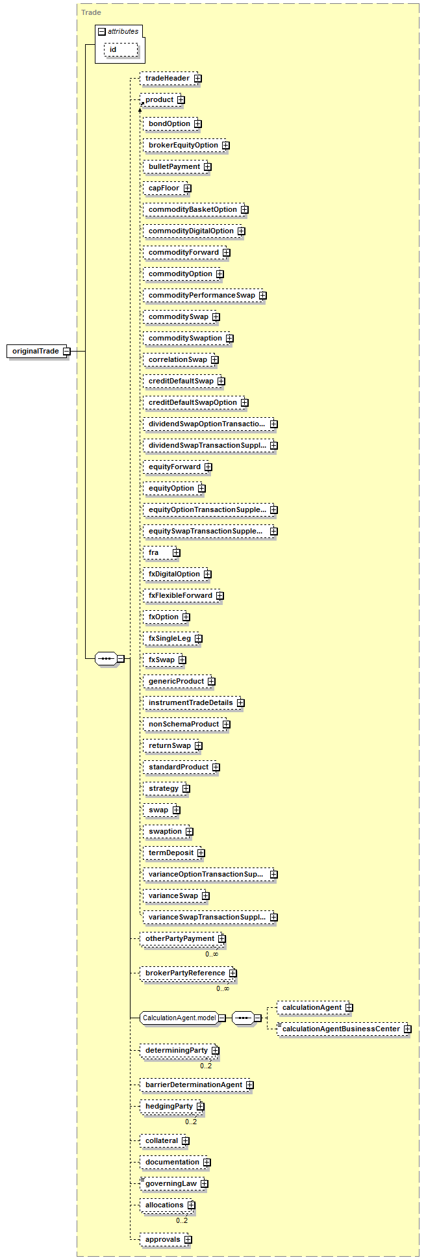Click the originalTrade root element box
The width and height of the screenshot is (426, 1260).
pos(35,352)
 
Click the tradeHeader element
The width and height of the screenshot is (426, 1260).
pos(168,79)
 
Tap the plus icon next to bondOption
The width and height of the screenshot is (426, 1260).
pos(197,124)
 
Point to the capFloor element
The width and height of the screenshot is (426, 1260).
pos(164,188)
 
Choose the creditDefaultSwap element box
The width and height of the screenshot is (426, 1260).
pos(181,381)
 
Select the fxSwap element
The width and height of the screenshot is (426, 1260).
pos(162,660)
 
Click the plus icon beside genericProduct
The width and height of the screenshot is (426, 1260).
pos(212,682)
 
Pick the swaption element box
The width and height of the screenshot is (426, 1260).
pos(165,832)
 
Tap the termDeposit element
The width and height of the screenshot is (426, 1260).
pos(171,853)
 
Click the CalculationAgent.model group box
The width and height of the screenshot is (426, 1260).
pos(179,1018)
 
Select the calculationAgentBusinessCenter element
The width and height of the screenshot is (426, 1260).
pos(341,1029)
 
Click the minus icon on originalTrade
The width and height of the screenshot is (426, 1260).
pos(66,352)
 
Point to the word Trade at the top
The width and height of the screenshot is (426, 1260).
pos(91,12)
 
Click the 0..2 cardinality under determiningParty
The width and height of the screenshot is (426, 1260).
pos(206,1066)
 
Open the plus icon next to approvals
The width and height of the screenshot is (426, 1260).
pos(188,1240)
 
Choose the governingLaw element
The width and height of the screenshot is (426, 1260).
pos(171,1184)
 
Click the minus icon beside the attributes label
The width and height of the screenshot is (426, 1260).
pos(102,32)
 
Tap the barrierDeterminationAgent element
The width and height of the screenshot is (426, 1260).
pos(194,1085)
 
